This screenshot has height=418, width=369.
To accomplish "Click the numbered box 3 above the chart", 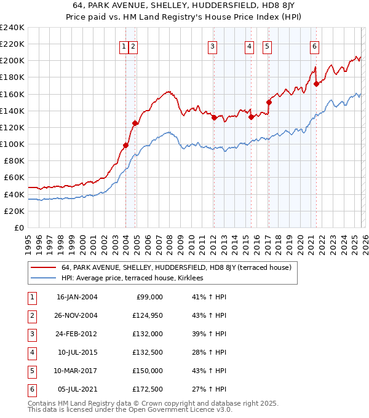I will coord(212,45).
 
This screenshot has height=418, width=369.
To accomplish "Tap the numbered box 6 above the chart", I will coord(314,45).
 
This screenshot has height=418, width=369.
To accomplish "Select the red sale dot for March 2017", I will coord(269,102).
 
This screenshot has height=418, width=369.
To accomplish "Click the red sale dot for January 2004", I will coord(125,145).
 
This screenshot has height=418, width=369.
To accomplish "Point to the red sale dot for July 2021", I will coord(315,84).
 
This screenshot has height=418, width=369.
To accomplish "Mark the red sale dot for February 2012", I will coord(213,117).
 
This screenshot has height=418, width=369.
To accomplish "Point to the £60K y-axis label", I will coord(14,178).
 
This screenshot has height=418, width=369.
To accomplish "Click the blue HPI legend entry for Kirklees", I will coord(136,278).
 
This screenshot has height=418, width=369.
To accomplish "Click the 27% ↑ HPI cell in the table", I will coord(209,390).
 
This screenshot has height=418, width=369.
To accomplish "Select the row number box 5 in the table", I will coord(31,371).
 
